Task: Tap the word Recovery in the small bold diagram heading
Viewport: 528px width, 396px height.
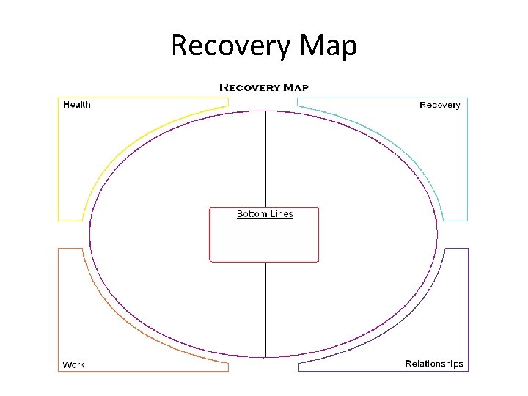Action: click(x=250, y=87)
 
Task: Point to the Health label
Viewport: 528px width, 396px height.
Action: click(x=77, y=105)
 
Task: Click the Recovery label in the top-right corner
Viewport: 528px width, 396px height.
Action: click(x=439, y=105)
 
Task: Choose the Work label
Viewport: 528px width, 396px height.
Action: click(x=73, y=364)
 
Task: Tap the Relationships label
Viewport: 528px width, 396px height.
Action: click(x=434, y=364)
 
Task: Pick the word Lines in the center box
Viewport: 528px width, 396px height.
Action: click(x=281, y=214)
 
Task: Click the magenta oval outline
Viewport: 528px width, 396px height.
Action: click(x=90, y=235)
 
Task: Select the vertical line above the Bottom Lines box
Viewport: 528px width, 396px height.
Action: click(x=265, y=158)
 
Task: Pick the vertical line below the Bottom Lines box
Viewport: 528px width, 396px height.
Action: click(x=265, y=308)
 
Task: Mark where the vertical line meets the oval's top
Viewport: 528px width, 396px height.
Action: click(x=265, y=111)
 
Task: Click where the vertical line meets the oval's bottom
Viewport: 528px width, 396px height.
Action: click(x=265, y=357)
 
